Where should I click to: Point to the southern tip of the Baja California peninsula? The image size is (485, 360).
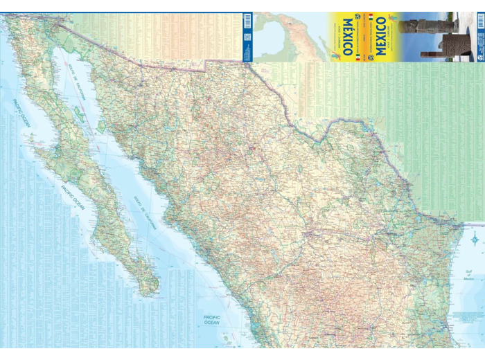(x=148, y=291)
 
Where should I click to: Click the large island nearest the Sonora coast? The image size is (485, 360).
(x=102, y=127)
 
